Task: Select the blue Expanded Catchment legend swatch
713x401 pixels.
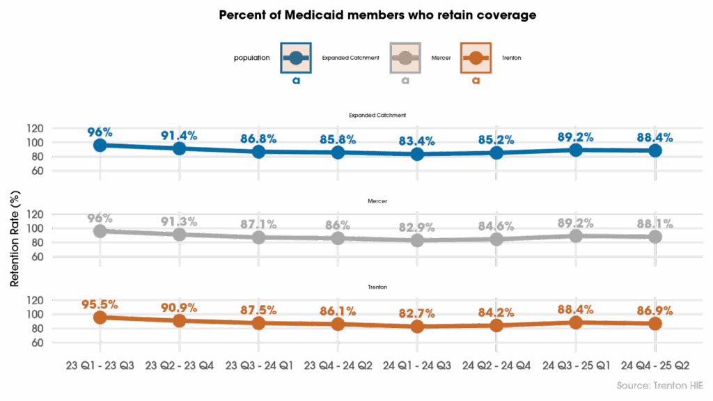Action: pos(295,58)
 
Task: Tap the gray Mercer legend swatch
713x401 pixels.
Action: pos(405,58)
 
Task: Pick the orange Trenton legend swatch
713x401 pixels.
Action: pos(476,58)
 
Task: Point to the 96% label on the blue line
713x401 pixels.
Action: pos(100,132)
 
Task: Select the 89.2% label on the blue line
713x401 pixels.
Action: pos(576,136)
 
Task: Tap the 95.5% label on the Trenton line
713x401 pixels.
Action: pos(100,304)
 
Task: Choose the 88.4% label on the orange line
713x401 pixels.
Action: pos(576,309)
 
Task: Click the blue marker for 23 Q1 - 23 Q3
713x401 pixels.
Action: pos(100,145)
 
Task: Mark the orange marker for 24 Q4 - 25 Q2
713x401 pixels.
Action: pos(655,323)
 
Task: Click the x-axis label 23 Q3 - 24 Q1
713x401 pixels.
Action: pos(258,365)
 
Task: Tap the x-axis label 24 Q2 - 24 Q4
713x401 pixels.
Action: pos(496,365)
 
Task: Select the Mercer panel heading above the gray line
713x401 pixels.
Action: pos(377,201)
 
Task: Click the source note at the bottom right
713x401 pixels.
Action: pos(661,385)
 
